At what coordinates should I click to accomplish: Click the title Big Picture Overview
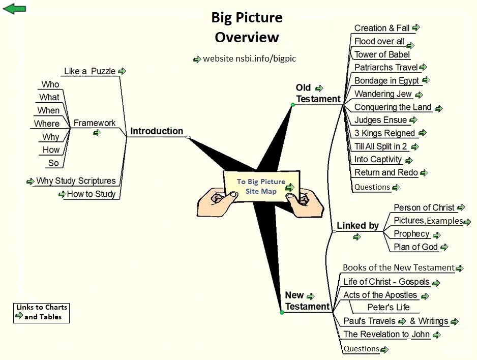coord(247,27)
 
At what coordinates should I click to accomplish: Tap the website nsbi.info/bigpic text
coord(249,58)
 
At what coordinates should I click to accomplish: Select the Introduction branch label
coord(157,131)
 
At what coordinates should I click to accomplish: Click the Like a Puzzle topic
coord(90,71)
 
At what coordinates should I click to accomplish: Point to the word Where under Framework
coord(47,124)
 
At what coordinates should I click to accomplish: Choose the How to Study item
coord(91,194)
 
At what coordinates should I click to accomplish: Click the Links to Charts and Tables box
coord(41,312)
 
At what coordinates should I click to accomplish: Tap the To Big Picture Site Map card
coord(261,187)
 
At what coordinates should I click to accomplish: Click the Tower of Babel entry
coord(382,54)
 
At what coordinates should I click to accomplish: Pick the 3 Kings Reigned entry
coord(385,133)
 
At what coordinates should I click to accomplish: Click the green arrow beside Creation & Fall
coord(415,27)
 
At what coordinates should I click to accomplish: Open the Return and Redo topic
coord(386,172)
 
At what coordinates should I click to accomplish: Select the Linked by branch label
coord(358,225)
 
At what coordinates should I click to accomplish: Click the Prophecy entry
coord(412,234)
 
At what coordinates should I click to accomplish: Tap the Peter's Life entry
coord(389,307)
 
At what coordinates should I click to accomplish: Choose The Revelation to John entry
coord(386,334)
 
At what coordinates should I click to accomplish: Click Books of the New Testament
coord(398,267)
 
